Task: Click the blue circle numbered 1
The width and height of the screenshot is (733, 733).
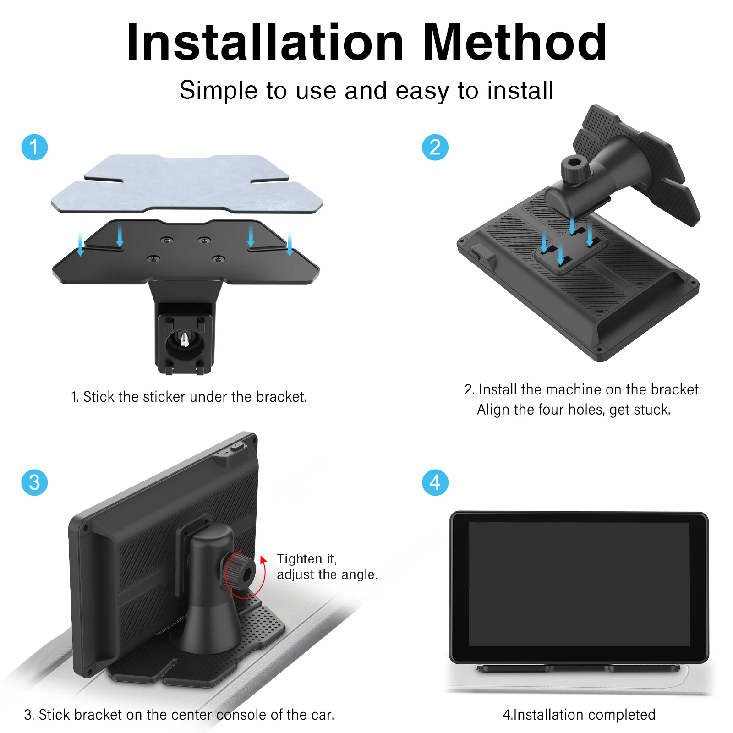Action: (x=34, y=148)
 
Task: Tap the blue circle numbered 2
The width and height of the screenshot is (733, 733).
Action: (x=435, y=148)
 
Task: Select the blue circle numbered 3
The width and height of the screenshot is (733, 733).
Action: (x=34, y=482)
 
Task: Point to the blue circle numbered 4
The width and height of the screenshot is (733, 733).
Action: (x=435, y=482)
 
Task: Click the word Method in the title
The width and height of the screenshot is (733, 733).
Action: (x=515, y=42)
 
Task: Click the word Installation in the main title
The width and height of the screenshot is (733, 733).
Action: (x=265, y=42)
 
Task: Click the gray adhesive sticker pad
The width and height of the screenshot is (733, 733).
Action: (x=187, y=184)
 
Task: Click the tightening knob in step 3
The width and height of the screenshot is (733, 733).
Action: (x=240, y=573)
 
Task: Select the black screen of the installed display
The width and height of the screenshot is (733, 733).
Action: (x=579, y=585)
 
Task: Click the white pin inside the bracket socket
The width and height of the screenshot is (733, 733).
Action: (x=185, y=339)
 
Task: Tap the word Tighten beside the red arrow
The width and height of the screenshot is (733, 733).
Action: (x=300, y=559)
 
